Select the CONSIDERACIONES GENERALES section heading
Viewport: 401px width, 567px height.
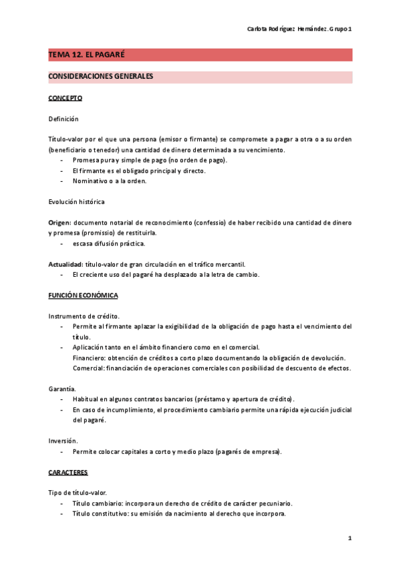click(100, 76)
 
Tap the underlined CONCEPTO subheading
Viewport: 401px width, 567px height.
click(65, 98)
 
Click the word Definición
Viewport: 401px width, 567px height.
click(63, 119)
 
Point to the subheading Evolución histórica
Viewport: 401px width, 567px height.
click(77, 201)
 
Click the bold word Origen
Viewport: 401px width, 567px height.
click(59, 222)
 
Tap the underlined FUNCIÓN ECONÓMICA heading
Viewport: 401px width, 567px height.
click(84, 295)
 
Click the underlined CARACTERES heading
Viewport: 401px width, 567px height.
click(68, 472)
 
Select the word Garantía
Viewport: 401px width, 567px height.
click(62, 388)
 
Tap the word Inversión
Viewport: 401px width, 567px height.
click(63, 441)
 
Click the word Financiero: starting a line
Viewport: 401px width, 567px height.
click(90, 358)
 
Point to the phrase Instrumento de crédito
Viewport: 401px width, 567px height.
click(84, 316)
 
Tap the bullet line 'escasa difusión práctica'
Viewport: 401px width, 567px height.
click(108, 243)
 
